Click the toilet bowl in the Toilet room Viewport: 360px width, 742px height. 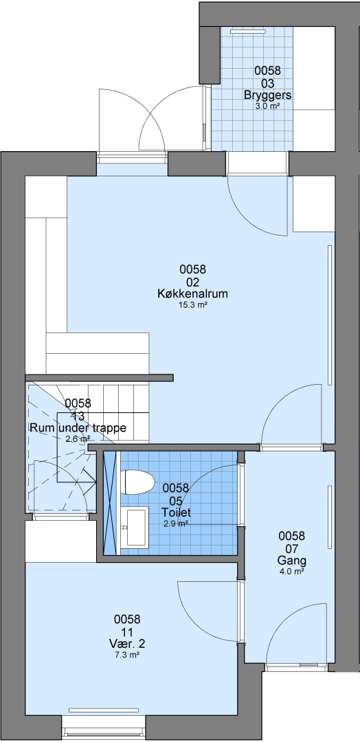tap(138, 482)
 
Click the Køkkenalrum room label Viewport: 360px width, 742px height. tap(192, 293)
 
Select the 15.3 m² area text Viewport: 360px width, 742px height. tap(192, 306)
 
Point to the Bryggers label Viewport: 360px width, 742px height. tap(268, 95)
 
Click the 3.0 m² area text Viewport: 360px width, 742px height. tap(268, 106)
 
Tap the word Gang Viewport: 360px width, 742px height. tap(291, 561)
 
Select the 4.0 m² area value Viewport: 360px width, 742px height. tap(291, 572)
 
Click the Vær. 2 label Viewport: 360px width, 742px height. tap(127, 644)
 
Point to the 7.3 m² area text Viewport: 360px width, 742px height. tap(127, 655)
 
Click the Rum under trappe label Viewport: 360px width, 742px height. tap(78, 428)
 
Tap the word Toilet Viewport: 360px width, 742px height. tap(176, 512)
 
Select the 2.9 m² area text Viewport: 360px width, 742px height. tap(176, 524)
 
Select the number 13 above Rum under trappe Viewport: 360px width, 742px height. tap(78, 416)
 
